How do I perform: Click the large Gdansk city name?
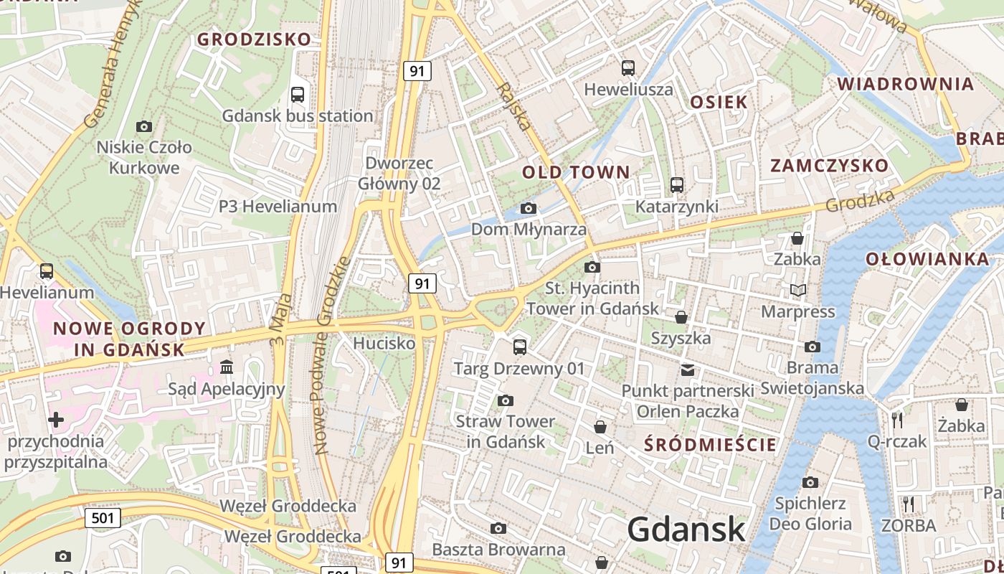click(686, 530)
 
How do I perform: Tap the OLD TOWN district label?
click(576, 172)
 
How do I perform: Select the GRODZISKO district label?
click(254, 39)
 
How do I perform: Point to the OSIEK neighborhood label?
click(719, 102)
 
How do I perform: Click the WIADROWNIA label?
click(906, 84)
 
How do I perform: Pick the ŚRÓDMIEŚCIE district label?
click(710, 444)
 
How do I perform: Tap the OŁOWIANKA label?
click(927, 259)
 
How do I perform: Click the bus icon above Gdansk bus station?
click(298, 94)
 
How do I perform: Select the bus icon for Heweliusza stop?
click(628, 68)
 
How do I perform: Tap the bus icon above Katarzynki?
click(676, 185)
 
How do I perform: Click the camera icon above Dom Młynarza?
click(529, 209)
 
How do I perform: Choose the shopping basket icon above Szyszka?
click(681, 316)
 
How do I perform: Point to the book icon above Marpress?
click(797, 291)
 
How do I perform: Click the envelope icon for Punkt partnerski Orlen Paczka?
click(688, 370)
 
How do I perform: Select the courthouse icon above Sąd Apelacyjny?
click(227, 367)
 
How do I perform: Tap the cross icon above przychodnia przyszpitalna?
click(56, 419)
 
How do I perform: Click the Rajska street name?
click(514, 105)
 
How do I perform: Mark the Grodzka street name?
click(860, 200)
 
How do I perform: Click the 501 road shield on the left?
click(102, 517)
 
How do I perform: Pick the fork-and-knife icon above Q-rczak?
click(896, 420)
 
